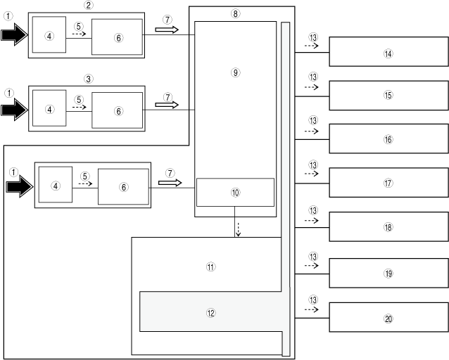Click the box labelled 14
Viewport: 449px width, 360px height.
388,53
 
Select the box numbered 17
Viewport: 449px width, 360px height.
388,184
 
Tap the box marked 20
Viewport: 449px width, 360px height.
388,318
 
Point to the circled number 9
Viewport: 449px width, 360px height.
235,73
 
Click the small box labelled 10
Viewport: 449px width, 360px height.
235,192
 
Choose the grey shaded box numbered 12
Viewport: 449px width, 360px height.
210,313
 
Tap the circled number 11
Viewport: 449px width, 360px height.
210,267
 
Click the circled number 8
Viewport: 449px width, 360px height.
235,13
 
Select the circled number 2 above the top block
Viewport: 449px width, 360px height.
88,5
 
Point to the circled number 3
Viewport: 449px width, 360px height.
88,79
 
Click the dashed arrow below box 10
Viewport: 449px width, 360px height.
238,230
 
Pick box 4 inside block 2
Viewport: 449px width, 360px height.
49,37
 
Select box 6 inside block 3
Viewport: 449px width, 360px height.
118,111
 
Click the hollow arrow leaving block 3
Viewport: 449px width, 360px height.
167,103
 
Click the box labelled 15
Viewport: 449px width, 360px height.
388,96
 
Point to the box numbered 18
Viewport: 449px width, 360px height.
388,227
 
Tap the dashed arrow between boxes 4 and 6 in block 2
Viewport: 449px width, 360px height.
79,33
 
